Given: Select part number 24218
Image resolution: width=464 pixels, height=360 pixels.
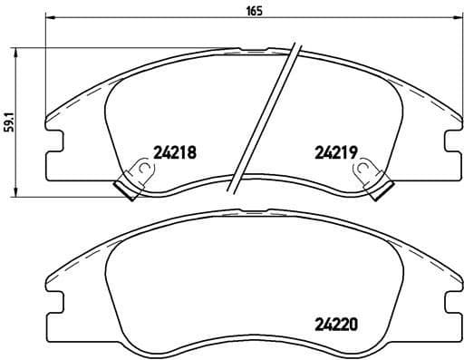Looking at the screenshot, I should pyautogui.click(x=175, y=151).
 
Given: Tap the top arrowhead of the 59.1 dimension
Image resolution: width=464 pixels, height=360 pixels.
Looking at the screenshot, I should pyautogui.click(x=17, y=51).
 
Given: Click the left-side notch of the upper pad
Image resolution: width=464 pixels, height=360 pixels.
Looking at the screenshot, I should pyautogui.click(x=54, y=139).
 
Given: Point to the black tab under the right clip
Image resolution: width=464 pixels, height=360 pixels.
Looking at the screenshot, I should pyautogui.click(x=382, y=188).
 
